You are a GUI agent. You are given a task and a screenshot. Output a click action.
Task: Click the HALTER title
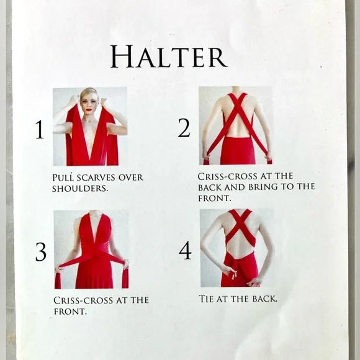[169, 56]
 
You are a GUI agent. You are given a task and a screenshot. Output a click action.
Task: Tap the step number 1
[40, 130]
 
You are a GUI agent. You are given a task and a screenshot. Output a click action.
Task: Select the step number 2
[184, 128]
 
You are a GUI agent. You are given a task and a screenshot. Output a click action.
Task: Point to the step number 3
[41, 252]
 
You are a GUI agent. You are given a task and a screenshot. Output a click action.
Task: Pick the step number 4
[185, 250]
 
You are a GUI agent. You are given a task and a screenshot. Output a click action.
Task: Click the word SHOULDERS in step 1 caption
[80, 189]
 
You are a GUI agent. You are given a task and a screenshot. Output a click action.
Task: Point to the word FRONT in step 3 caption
[70, 312]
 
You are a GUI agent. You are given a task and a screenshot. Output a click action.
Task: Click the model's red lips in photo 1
[88, 109]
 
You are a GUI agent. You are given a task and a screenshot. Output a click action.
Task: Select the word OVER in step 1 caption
[131, 178]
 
